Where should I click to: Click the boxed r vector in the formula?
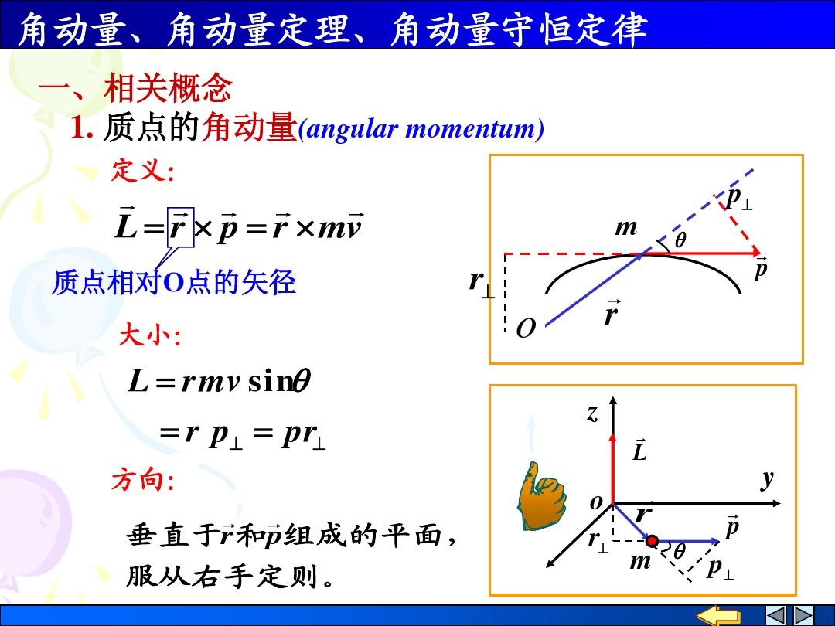[x=180, y=227]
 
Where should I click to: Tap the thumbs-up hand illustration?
[x=540, y=496]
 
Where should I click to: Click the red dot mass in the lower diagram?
[x=653, y=541]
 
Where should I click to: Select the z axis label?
[x=593, y=413]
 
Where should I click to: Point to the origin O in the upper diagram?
[x=526, y=328]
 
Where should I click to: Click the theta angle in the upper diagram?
[x=680, y=240]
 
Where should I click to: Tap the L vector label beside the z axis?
[x=639, y=450]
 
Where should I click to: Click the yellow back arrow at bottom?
[x=718, y=616]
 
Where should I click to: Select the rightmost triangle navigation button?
[x=803, y=615]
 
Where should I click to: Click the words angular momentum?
[x=421, y=129]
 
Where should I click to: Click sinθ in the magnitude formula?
[x=279, y=381]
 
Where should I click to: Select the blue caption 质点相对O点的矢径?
[x=174, y=282]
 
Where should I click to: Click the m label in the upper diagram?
[x=626, y=228]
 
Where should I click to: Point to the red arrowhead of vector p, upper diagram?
[x=755, y=252]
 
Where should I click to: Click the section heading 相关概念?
[x=169, y=88]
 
